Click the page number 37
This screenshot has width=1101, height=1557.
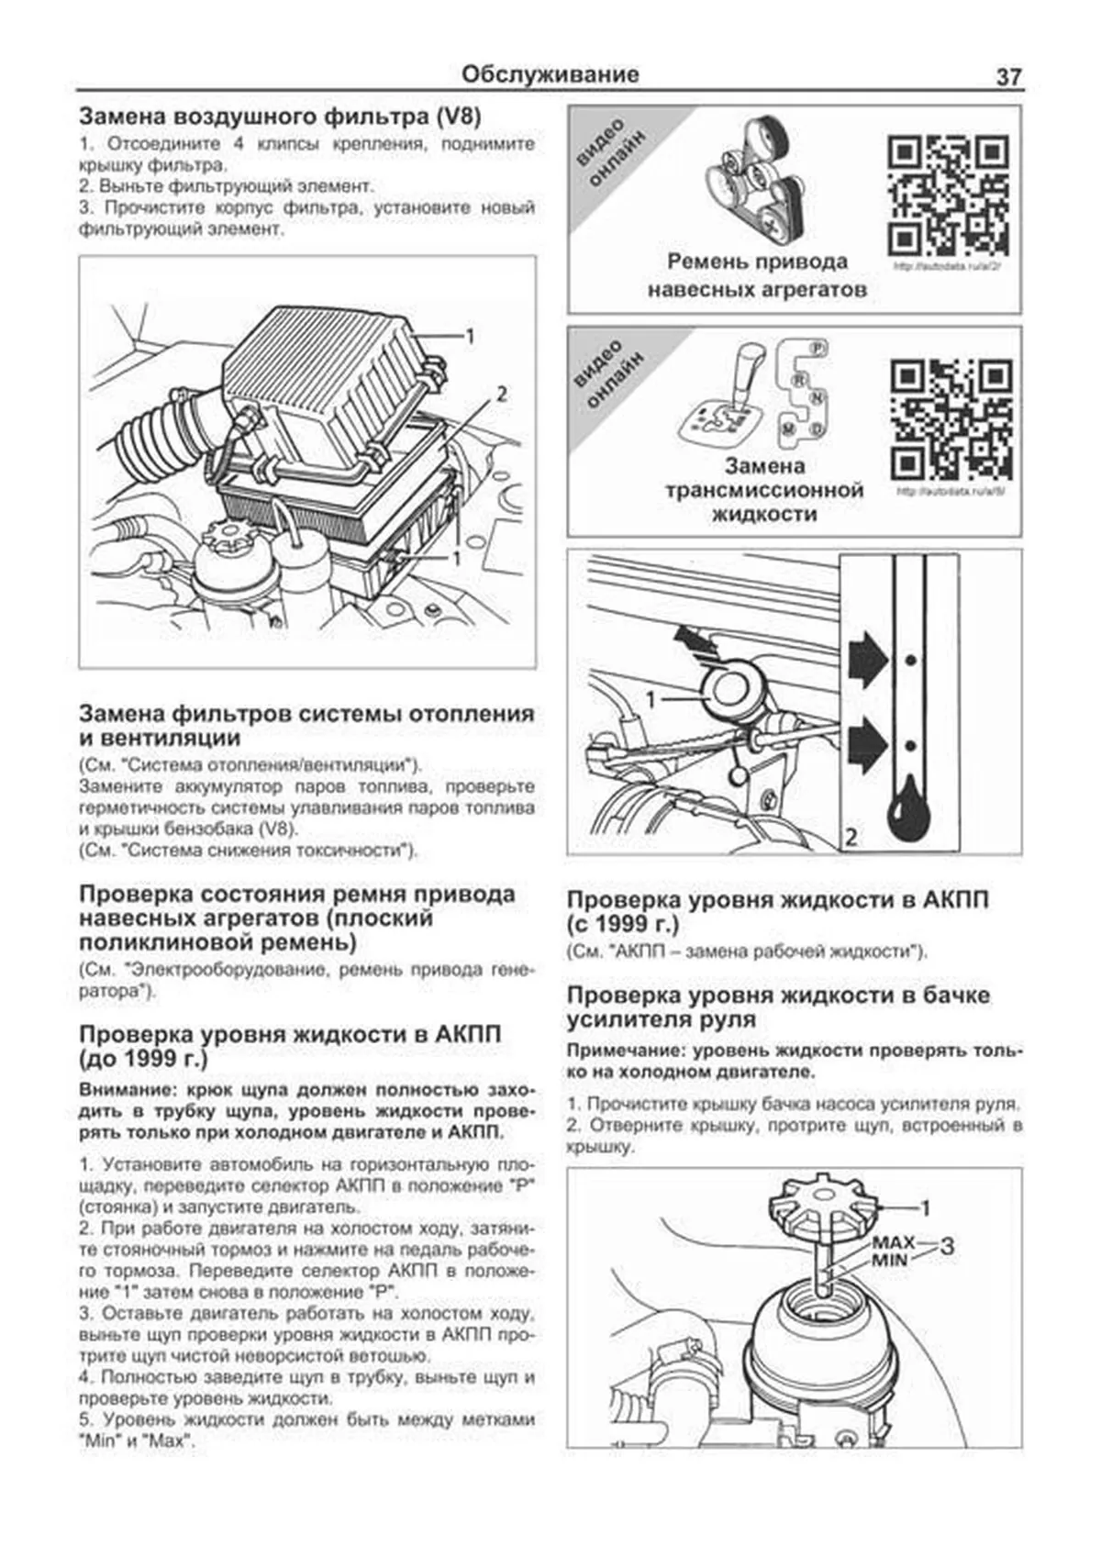pyautogui.click(x=1007, y=77)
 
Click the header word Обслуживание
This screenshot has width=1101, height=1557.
pyautogui.click(x=550, y=74)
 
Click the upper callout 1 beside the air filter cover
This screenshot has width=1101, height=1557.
pyautogui.click(x=469, y=337)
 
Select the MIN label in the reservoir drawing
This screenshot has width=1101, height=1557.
pyautogui.click(x=889, y=1260)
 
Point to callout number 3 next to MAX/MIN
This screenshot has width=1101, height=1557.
pyautogui.click(x=947, y=1247)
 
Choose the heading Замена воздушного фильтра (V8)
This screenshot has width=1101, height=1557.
pyautogui.click(x=281, y=117)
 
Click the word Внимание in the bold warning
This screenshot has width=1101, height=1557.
pyautogui.click(x=128, y=1090)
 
